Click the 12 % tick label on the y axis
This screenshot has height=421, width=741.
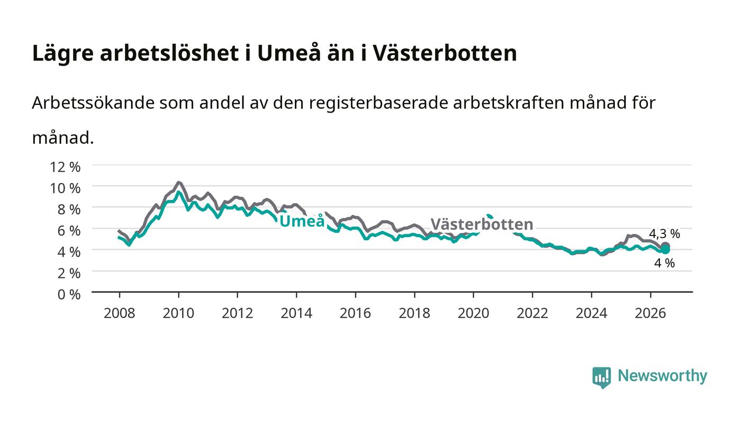(x=65, y=166)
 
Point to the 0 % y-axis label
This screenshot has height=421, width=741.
(x=69, y=294)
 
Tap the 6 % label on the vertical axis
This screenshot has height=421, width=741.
(x=69, y=231)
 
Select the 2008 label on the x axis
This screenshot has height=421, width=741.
(x=120, y=313)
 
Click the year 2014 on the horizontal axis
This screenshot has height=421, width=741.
(x=296, y=313)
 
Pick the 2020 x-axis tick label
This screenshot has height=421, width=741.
(x=473, y=313)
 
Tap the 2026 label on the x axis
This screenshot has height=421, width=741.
(x=650, y=313)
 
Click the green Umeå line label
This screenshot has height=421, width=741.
(x=302, y=221)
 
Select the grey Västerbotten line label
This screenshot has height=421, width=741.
(x=482, y=224)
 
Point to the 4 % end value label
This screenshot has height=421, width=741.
(x=665, y=263)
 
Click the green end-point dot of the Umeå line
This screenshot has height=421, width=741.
(x=665, y=250)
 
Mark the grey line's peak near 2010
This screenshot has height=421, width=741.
(x=179, y=182)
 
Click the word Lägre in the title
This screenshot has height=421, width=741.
(x=63, y=53)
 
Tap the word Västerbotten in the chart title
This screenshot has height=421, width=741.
(x=445, y=53)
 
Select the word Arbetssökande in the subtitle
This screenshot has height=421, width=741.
(x=93, y=103)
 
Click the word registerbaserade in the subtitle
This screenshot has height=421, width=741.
(x=378, y=103)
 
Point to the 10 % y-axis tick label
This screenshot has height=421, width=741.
(x=65, y=188)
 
